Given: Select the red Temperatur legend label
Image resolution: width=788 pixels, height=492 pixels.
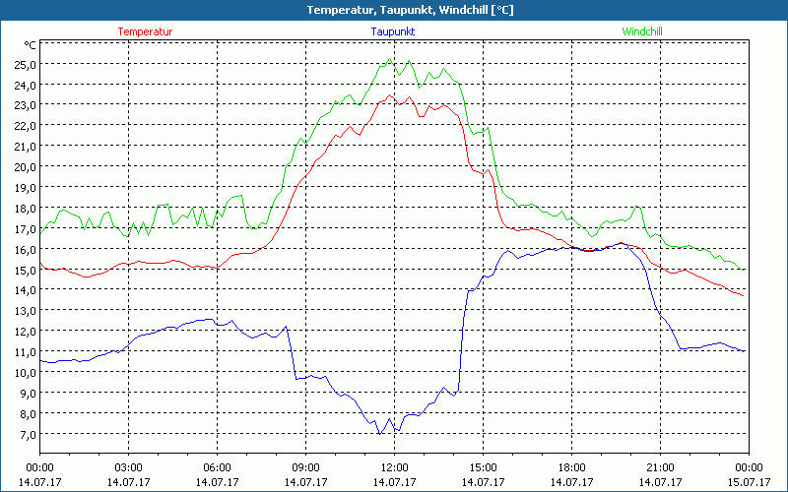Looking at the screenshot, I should click(x=145, y=31).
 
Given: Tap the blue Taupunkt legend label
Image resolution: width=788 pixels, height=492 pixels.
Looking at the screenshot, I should click(x=392, y=31).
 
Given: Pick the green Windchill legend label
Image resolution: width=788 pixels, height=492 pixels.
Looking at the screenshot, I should click(x=642, y=31).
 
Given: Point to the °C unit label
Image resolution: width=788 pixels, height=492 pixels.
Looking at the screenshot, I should click(x=31, y=45).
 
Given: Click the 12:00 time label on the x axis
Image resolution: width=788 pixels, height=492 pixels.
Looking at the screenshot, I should click(x=394, y=467).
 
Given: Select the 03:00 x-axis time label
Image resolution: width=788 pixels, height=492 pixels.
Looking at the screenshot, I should click(x=129, y=467).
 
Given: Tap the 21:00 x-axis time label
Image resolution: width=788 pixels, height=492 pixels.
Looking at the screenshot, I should click(x=660, y=467).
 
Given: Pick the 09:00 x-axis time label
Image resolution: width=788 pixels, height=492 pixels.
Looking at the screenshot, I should click(x=305, y=467).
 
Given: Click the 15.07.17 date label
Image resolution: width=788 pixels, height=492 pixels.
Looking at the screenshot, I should click(x=749, y=482).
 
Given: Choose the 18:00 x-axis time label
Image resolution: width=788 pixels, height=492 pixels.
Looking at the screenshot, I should click(x=571, y=467).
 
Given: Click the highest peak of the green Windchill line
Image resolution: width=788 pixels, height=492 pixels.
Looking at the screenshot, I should click(x=390, y=59).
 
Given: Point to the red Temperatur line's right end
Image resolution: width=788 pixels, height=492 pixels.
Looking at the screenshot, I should click(x=743, y=295).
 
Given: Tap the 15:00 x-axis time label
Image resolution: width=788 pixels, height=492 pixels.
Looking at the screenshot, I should click(x=483, y=467).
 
